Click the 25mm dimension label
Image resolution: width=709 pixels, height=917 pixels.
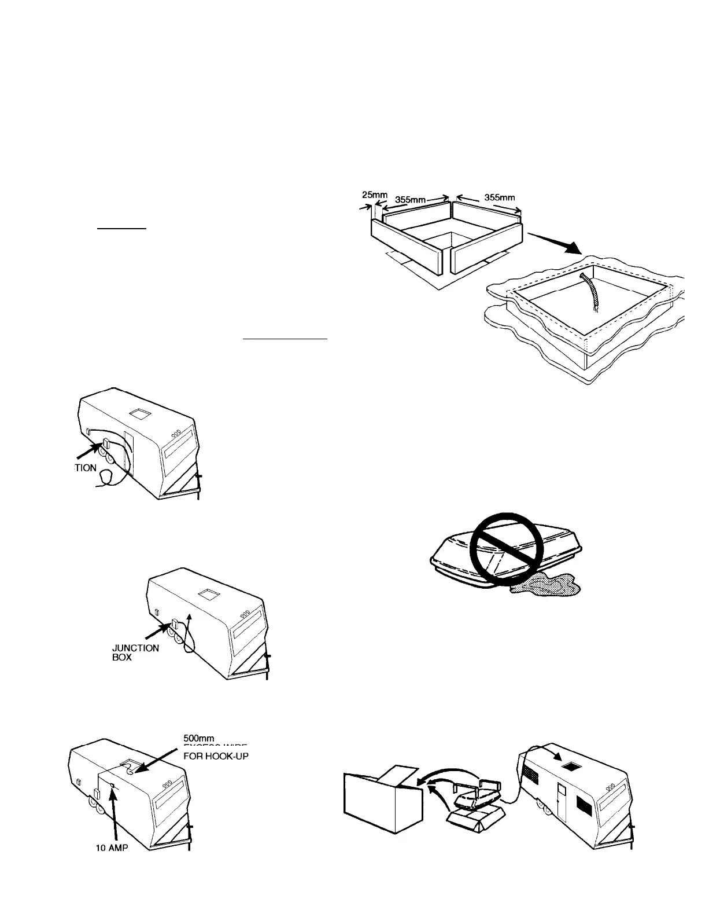pos(378,195)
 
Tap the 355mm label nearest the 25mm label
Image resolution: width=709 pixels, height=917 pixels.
pos(410,199)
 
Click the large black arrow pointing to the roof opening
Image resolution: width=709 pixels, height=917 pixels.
pos(555,244)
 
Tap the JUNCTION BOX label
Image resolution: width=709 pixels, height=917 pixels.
pos(135,652)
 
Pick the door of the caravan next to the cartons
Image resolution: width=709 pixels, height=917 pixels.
pos(560,799)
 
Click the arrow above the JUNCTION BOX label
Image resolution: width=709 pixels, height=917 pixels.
pos(158,629)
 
